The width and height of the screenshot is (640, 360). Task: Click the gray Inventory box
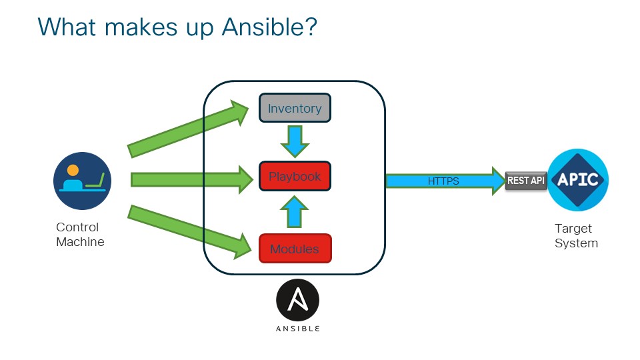[x=295, y=109]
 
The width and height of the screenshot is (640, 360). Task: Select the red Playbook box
[x=295, y=177]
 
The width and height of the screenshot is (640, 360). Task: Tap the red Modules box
[x=295, y=249]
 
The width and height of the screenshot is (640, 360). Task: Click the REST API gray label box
[x=526, y=181]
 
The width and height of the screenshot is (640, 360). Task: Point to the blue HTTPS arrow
[x=443, y=181]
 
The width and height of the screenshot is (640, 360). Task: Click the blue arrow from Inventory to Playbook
[x=294, y=141]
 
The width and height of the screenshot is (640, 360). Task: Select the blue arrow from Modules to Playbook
[x=294, y=213]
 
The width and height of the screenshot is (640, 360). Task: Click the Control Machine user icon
[x=82, y=181]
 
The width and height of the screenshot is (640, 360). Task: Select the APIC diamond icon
[x=578, y=180]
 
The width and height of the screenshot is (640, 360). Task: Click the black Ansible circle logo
[x=298, y=301]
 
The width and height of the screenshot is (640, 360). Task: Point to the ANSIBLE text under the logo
[x=298, y=329]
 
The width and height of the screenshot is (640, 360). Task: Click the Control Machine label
[x=80, y=235]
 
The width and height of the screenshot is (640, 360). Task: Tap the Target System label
[x=576, y=236]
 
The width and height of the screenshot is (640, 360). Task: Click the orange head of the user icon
[x=72, y=170]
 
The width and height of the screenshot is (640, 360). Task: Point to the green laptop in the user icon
[x=94, y=181]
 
